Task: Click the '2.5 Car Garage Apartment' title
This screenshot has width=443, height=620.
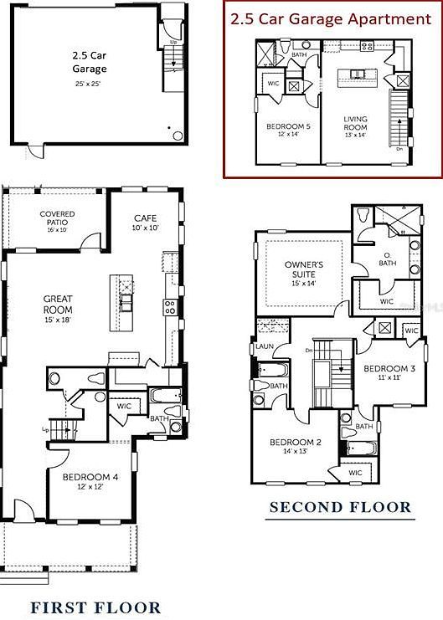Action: pos(332,18)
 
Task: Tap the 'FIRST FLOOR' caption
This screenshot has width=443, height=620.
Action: pos(95,607)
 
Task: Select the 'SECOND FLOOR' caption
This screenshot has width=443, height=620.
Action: pos(340,507)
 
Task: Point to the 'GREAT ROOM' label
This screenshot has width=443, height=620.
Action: pos(58,303)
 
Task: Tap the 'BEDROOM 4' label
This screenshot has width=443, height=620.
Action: pos(84,478)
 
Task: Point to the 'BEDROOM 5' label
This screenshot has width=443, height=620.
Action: pos(288,126)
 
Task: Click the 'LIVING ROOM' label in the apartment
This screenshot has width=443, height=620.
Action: pos(355,123)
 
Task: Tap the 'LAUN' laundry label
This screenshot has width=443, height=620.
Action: pos(265,346)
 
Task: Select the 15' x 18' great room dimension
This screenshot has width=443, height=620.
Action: pos(58,319)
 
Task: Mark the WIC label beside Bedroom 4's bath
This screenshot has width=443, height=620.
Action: pos(125,406)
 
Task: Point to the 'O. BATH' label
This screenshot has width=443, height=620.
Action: pos(387,259)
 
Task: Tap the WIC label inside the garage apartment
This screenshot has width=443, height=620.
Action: pos(273,84)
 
